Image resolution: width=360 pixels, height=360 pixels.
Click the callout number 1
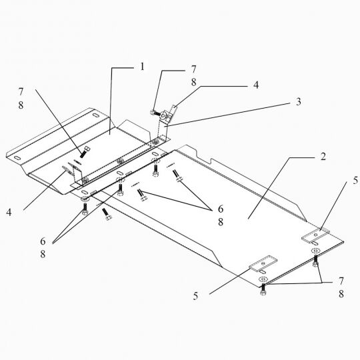(x=143, y=67)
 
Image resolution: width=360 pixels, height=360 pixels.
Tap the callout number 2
(x=323, y=157)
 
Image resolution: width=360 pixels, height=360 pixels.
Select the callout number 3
(x=298, y=102)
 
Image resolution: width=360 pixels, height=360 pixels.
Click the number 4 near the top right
(x=256, y=85)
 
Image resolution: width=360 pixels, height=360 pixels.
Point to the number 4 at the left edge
(x=9, y=213)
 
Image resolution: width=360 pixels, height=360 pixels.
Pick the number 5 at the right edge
(x=355, y=181)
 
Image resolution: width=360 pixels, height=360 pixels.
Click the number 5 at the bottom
(x=195, y=296)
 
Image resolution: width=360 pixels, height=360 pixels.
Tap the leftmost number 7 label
(x=21, y=92)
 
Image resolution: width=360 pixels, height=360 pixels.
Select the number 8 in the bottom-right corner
(x=341, y=294)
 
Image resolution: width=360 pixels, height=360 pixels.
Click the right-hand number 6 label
(x=221, y=209)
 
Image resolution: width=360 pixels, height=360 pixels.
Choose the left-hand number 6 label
(x=43, y=241)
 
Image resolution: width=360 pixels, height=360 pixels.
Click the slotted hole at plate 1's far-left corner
(x=17, y=158)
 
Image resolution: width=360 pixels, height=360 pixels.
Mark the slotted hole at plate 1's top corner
(x=95, y=115)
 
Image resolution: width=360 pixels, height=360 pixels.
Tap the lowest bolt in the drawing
(x=263, y=290)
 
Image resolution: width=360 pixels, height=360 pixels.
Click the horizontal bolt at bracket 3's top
(x=155, y=113)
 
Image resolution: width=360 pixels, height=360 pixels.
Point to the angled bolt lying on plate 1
(x=85, y=152)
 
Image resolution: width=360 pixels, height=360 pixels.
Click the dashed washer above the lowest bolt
(x=263, y=279)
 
